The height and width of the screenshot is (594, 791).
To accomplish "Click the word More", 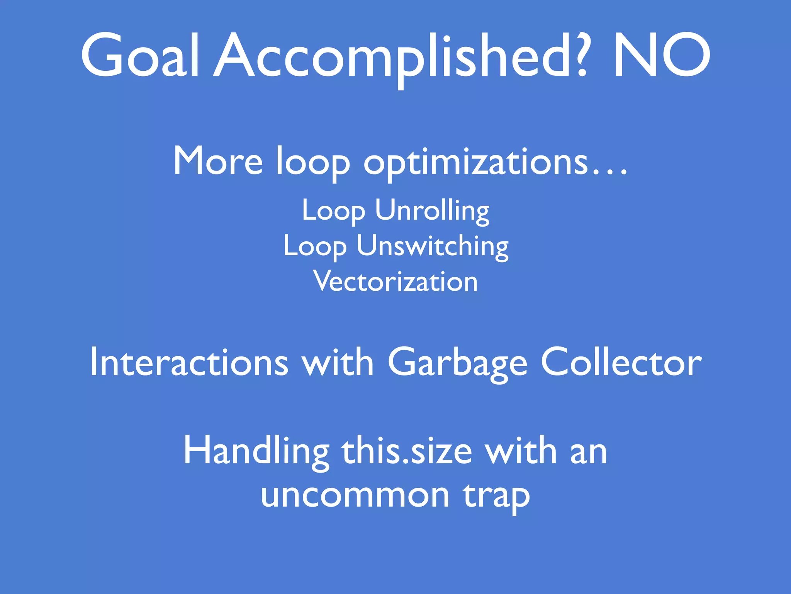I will click(x=218, y=161).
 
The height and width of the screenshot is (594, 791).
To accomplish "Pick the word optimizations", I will click(x=475, y=162).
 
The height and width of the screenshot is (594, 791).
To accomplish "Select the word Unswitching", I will click(x=432, y=246).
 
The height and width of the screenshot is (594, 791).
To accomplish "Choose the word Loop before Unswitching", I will click(x=315, y=246).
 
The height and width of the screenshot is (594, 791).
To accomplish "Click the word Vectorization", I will click(x=396, y=281).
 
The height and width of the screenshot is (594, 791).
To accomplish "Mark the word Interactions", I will click(x=189, y=362).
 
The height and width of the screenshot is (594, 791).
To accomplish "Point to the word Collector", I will click(x=621, y=362).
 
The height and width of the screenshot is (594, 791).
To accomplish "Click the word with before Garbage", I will click(x=338, y=362).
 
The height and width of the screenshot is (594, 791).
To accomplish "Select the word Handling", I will click(x=256, y=451).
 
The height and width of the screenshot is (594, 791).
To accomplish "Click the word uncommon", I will click(x=355, y=495).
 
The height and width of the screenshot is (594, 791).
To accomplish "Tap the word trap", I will click(x=497, y=497).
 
